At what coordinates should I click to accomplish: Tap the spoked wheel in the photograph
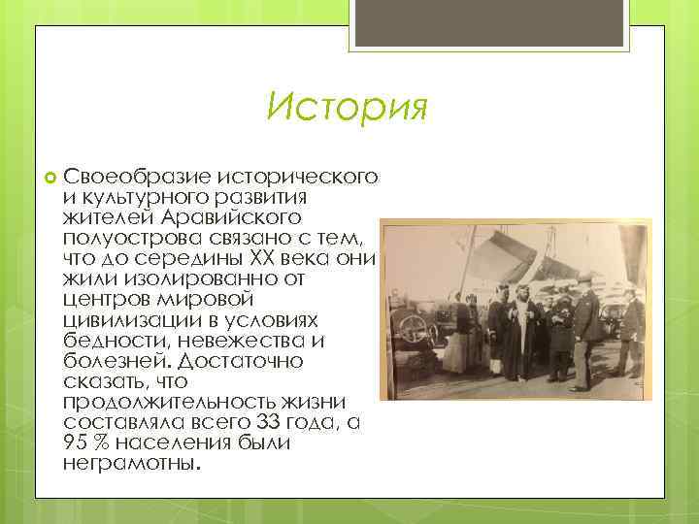coord(416,329)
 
